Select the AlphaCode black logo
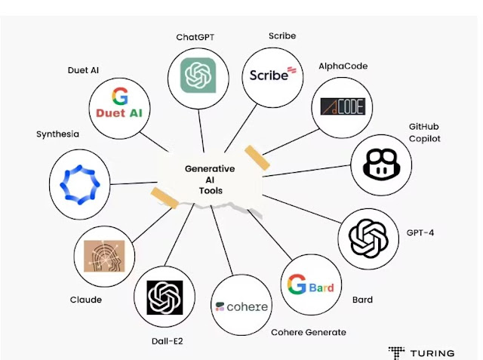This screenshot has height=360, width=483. tap(342, 106)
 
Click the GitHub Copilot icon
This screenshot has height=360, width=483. tap(381, 163)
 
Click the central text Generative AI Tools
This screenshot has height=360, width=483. tap(210, 180)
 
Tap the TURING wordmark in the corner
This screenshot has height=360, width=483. tap(432, 352)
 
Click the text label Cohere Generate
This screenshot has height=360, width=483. tap(308, 332)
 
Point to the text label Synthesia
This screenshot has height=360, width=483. tap(57, 134)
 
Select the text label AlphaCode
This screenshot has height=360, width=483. tap(343, 66)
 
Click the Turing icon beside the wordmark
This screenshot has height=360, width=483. tap(397, 352)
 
